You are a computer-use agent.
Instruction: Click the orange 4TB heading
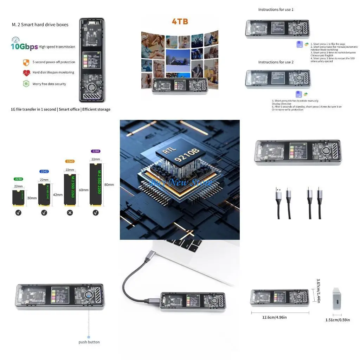point(180,21)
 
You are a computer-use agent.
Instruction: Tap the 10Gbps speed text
point(24,47)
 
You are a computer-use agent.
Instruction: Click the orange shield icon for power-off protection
point(26,62)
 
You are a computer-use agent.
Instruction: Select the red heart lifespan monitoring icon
point(26,73)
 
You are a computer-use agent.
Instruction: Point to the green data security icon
point(26,84)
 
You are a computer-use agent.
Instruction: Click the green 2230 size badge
point(18,179)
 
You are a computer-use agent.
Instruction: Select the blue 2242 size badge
point(44,171)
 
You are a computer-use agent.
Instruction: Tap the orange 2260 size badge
point(70,161)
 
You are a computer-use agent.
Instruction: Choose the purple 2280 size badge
point(96,151)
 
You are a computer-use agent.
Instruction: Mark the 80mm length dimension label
point(109,185)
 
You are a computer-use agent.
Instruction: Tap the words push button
point(89,342)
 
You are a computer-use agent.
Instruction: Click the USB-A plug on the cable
point(278,193)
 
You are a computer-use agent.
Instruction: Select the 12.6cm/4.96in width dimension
point(274,317)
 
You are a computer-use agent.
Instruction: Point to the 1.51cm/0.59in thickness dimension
point(337,320)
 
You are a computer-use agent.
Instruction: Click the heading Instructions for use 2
point(276,62)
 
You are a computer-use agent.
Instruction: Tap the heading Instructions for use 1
point(276,9)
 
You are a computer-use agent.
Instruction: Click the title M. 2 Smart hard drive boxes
point(40,25)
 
